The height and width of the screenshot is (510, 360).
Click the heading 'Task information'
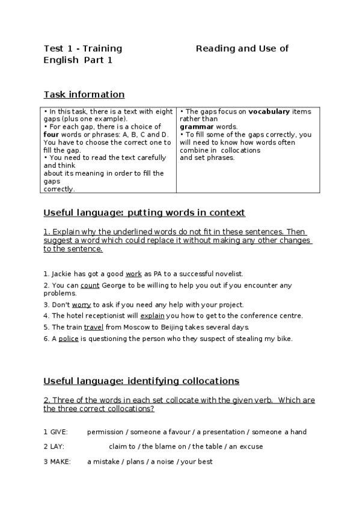pos(84,94)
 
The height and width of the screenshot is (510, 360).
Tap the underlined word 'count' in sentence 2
pos(90,285)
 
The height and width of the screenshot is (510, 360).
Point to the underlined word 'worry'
pos(81,305)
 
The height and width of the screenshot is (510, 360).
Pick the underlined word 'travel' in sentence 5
pos(94,327)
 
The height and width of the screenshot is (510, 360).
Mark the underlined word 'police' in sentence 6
pos(69,339)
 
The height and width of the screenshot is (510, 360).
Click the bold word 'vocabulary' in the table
pos(269,112)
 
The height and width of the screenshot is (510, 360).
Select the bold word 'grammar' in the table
pos(196,127)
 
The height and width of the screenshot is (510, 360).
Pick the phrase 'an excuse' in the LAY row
pos(246,447)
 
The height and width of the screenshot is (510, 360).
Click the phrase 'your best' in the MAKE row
pos(198,462)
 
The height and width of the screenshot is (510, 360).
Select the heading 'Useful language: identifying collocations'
pos(141,381)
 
